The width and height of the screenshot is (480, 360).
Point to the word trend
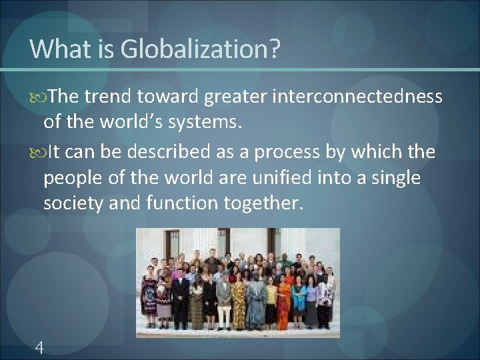[107, 97]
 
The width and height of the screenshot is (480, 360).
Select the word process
[288, 152]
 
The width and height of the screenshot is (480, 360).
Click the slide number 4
[39, 347]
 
